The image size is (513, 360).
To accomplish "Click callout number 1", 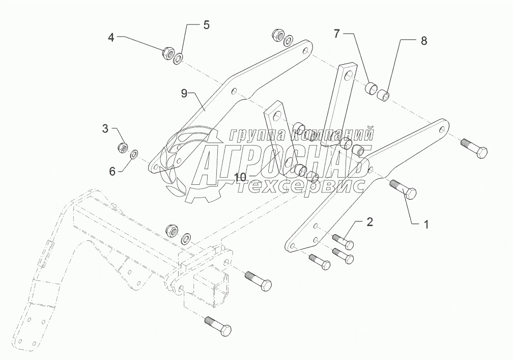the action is [426, 224].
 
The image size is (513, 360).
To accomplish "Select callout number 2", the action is [370, 221].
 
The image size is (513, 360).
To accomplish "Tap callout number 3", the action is [105, 129].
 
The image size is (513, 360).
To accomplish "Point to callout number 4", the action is [111, 37].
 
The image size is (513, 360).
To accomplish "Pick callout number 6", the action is [112, 172].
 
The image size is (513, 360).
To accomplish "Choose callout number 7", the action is [336, 34].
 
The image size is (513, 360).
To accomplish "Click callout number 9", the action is [185, 93].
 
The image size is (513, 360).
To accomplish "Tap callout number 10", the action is [240, 177].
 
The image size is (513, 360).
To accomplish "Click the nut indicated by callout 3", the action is [123, 148].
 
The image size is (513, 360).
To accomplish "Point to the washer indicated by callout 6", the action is [135, 153].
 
